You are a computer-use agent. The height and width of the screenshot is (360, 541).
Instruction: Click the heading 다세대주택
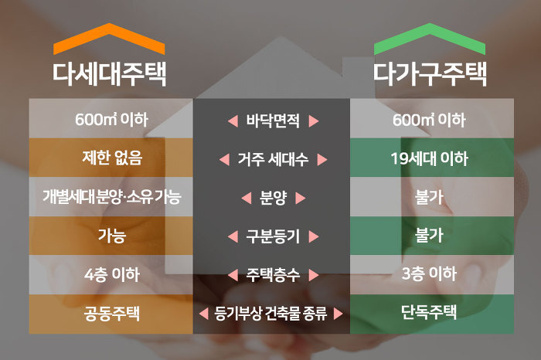click(x=110, y=74)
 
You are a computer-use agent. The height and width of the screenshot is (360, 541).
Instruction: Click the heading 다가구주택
click(x=430, y=74)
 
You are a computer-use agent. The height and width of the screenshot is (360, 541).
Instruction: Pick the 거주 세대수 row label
click(x=272, y=160)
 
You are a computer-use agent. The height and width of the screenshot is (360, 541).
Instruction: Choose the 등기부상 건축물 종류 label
click(x=270, y=314)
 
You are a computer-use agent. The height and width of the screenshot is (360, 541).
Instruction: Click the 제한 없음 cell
click(x=111, y=160)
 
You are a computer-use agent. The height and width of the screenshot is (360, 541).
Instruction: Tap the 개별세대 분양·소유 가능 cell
click(x=111, y=198)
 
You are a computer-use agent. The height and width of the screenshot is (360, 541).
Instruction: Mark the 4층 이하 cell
click(x=111, y=274)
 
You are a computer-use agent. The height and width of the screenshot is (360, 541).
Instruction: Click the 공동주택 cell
click(x=111, y=314)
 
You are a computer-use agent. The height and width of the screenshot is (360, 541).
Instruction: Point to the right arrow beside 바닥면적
click(x=313, y=121)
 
